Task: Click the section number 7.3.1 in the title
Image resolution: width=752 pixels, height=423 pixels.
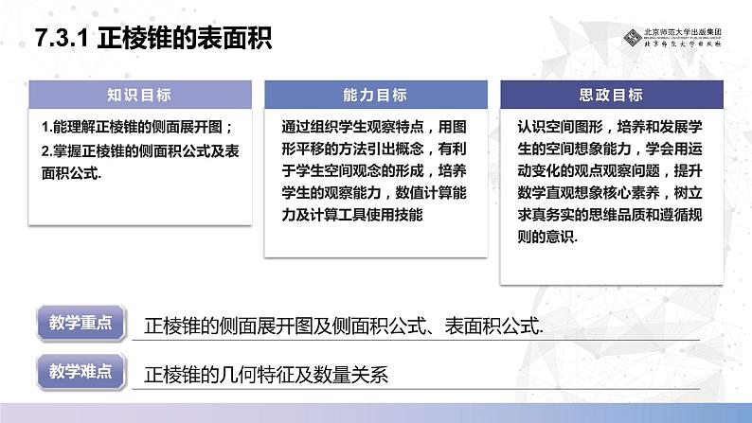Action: pyautogui.click(x=60, y=38)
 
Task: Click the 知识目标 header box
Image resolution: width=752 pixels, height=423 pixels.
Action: pyautogui.click(x=139, y=95)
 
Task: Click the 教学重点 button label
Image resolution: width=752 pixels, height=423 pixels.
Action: pyautogui.click(x=81, y=322)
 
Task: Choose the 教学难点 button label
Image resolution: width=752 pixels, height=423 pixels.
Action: pyautogui.click(x=81, y=367)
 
